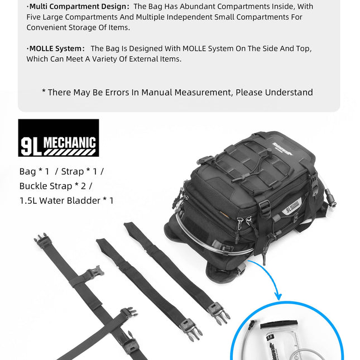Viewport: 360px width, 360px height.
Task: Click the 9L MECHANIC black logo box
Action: tap(59, 138)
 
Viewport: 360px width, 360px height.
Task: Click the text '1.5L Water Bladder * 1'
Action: tap(66, 200)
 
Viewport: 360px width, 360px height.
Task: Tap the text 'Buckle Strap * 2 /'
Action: tap(56, 185)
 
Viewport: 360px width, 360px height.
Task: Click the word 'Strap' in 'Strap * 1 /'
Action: tap(72, 171)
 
